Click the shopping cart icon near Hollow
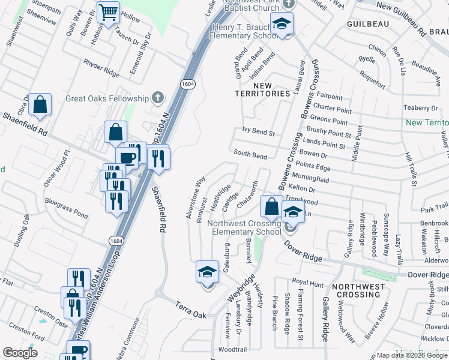pos(108,12)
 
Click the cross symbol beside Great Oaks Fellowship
pos(157,97)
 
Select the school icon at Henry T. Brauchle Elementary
pos(280,24)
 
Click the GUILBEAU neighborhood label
pos(368,23)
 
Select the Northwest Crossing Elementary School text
pos(244,227)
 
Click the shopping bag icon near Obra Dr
pos(40,104)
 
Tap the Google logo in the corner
pos(19,353)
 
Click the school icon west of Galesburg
pos(207,272)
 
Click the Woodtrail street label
pos(232,349)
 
